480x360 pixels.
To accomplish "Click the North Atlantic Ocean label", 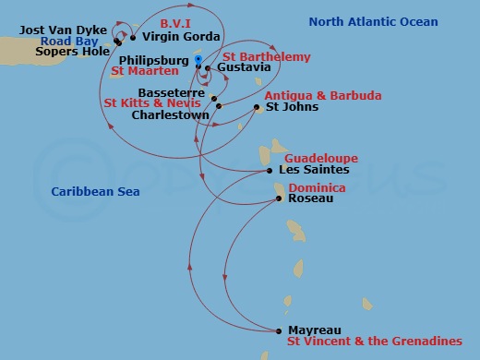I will coord(373,22).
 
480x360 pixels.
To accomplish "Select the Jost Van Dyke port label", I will coord(62,30).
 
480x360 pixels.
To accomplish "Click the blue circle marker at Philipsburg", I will coord(198,59).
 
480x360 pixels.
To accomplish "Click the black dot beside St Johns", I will coord(257,107).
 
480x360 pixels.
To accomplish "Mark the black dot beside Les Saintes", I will coord(269,170).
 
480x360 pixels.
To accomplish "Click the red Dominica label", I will coord(317,187).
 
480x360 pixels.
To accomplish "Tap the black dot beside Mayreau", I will coord(279,330).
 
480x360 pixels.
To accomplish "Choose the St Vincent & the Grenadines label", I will coord(374,342).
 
